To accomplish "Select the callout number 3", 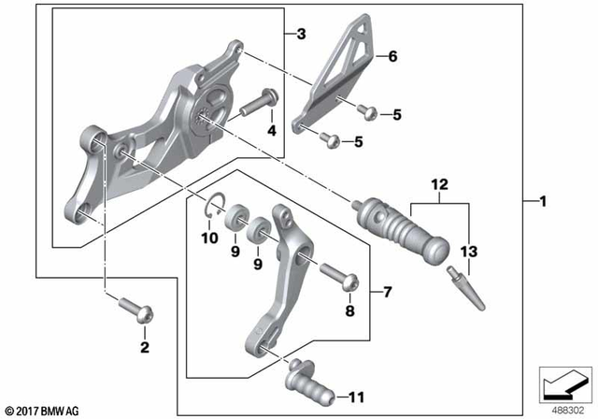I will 301,35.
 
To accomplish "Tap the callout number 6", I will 393,57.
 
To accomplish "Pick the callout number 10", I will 210,238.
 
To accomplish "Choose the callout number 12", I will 440,184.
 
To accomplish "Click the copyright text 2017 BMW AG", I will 44,410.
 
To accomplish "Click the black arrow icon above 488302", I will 564,384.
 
